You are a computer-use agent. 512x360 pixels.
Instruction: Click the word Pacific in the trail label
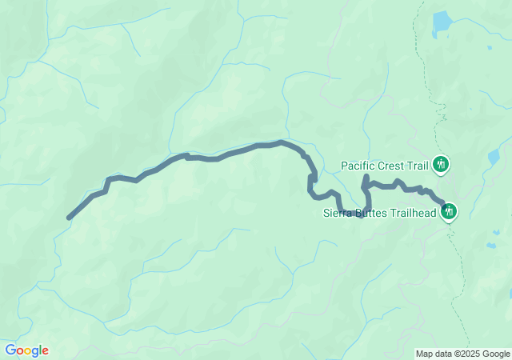[358, 166]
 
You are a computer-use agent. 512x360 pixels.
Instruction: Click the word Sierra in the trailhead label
[338, 213]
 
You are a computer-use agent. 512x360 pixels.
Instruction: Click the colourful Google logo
[26, 350]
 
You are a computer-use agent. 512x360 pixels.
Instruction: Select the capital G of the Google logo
[10, 350]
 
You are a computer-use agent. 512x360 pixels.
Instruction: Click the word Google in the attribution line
[495, 354]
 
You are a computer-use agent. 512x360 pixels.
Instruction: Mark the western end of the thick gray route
[69, 218]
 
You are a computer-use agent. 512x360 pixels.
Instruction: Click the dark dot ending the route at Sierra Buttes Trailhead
[444, 205]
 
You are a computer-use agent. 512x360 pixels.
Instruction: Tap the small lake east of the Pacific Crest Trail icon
[494, 158]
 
